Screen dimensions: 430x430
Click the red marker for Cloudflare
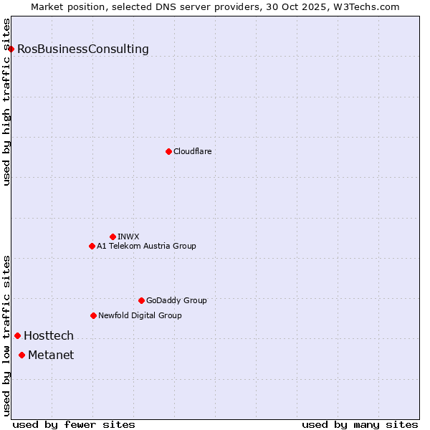(168, 151)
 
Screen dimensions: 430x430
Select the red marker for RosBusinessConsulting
(11, 49)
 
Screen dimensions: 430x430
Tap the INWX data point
(113, 236)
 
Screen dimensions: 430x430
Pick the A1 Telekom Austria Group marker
(92, 246)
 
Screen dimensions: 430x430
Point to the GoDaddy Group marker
(141, 300)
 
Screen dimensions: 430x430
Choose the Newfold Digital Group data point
(93, 315)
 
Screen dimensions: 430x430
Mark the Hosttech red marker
(17, 335)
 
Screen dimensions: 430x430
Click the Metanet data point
(21, 355)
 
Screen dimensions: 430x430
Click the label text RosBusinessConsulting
(83, 49)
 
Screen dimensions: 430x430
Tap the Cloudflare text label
(193, 151)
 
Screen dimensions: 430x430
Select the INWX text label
(128, 236)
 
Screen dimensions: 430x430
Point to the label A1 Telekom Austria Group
(146, 246)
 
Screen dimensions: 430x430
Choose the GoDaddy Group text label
(176, 300)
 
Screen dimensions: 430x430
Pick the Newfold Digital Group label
(140, 315)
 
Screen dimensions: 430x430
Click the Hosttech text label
(49, 335)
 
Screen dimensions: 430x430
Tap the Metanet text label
(51, 355)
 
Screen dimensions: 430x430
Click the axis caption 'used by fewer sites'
(74, 424)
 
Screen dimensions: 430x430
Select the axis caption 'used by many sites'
(360, 424)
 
